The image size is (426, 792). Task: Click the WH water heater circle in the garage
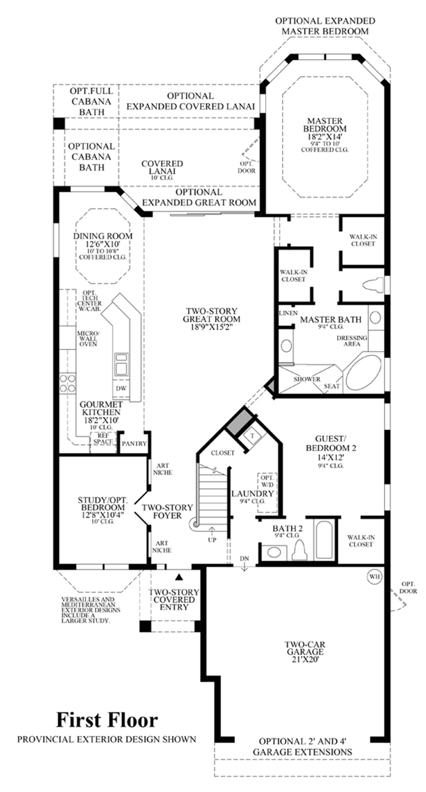tap(374, 577)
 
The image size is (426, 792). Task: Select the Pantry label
tap(134, 443)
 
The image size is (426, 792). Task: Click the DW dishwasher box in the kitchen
tap(121, 389)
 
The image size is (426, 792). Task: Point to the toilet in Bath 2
tap(299, 550)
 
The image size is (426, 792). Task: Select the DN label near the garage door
tap(244, 559)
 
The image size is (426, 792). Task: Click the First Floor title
tap(107, 720)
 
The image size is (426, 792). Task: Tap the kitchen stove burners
tap(67, 383)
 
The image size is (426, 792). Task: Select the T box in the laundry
tap(252, 435)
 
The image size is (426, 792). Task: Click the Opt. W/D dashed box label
tap(267, 481)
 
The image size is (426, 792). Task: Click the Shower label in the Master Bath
tap(307, 379)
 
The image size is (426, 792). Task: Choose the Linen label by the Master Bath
tap(288, 313)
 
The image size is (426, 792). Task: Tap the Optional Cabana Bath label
tap(91, 157)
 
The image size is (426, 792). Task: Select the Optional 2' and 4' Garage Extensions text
tap(302, 747)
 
